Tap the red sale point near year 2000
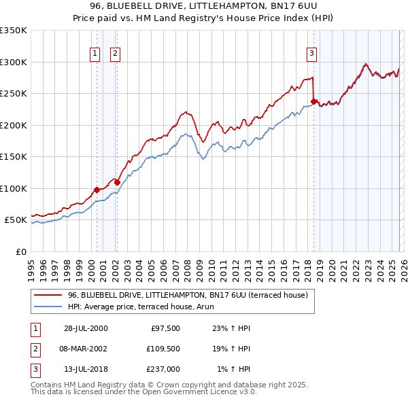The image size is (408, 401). (x=97, y=190)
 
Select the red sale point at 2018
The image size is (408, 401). (x=313, y=102)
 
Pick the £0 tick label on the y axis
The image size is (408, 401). (x=20, y=251)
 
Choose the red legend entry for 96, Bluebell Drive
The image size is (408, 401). (x=188, y=295)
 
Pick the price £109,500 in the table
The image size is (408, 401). (x=161, y=349)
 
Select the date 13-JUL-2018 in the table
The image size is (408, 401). (x=84, y=369)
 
